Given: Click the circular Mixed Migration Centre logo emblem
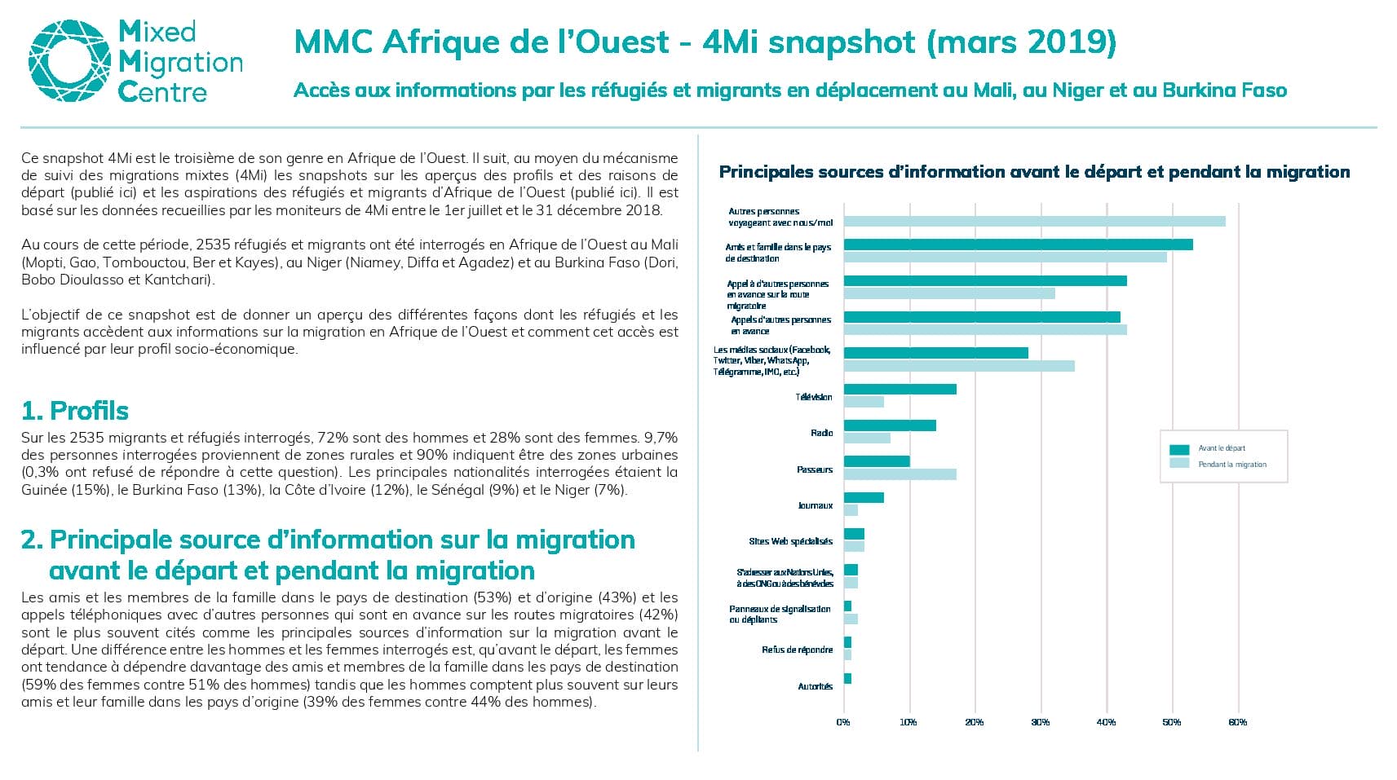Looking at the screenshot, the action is click(70, 60).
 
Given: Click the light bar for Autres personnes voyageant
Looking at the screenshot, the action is click(1035, 222).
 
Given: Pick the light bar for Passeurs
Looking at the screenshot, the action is click(900, 474).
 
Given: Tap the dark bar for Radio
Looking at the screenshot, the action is click(890, 425).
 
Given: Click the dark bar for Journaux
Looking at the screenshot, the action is click(864, 497).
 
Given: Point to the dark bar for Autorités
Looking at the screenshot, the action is click(847, 678).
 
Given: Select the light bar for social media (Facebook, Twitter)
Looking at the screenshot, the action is click(959, 366).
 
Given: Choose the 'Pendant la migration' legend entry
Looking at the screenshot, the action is click(1218, 464).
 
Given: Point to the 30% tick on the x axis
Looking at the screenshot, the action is click(1041, 722).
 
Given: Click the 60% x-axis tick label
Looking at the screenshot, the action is click(1238, 722).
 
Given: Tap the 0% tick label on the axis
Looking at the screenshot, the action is click(843, 722).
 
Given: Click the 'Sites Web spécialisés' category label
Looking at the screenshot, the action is click(791, 541).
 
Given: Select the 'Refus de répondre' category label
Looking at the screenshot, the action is click(797, 650).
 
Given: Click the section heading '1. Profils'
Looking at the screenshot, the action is click(75, 411).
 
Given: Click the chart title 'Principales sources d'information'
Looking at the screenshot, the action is click(1034, 172).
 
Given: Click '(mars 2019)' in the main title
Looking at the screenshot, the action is click(1021, 42).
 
